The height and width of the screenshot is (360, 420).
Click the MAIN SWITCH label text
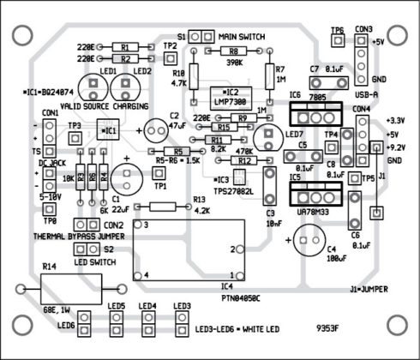click(242, 37)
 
